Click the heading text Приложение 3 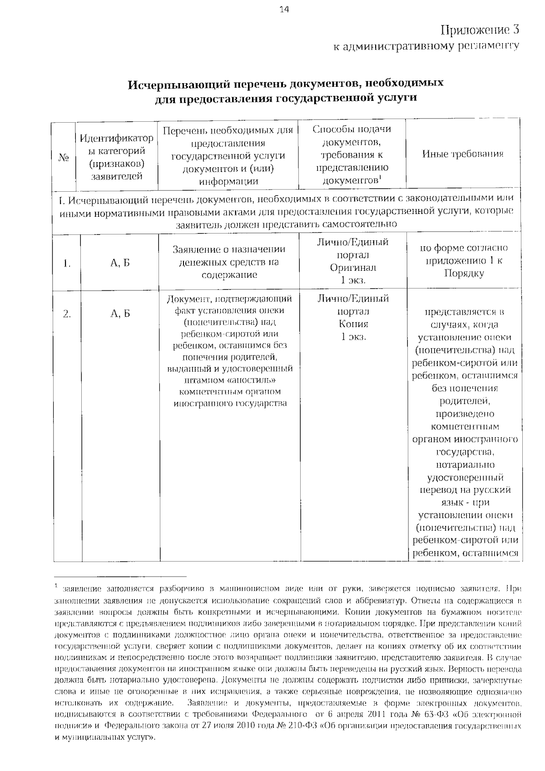tap(479, 30)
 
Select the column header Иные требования tap(462, 154)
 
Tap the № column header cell tap(64, 158)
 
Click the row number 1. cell tap(67, 263)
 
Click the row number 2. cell tap(67, 313)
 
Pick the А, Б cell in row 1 tap(120, 263)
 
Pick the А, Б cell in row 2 tap(120, 313)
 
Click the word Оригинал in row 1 tap(353, 268)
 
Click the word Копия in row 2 tap(353, 324)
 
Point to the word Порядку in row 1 tap(464, 274)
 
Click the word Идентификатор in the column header tap(117, 138)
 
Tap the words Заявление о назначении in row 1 tap(229, 249)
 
